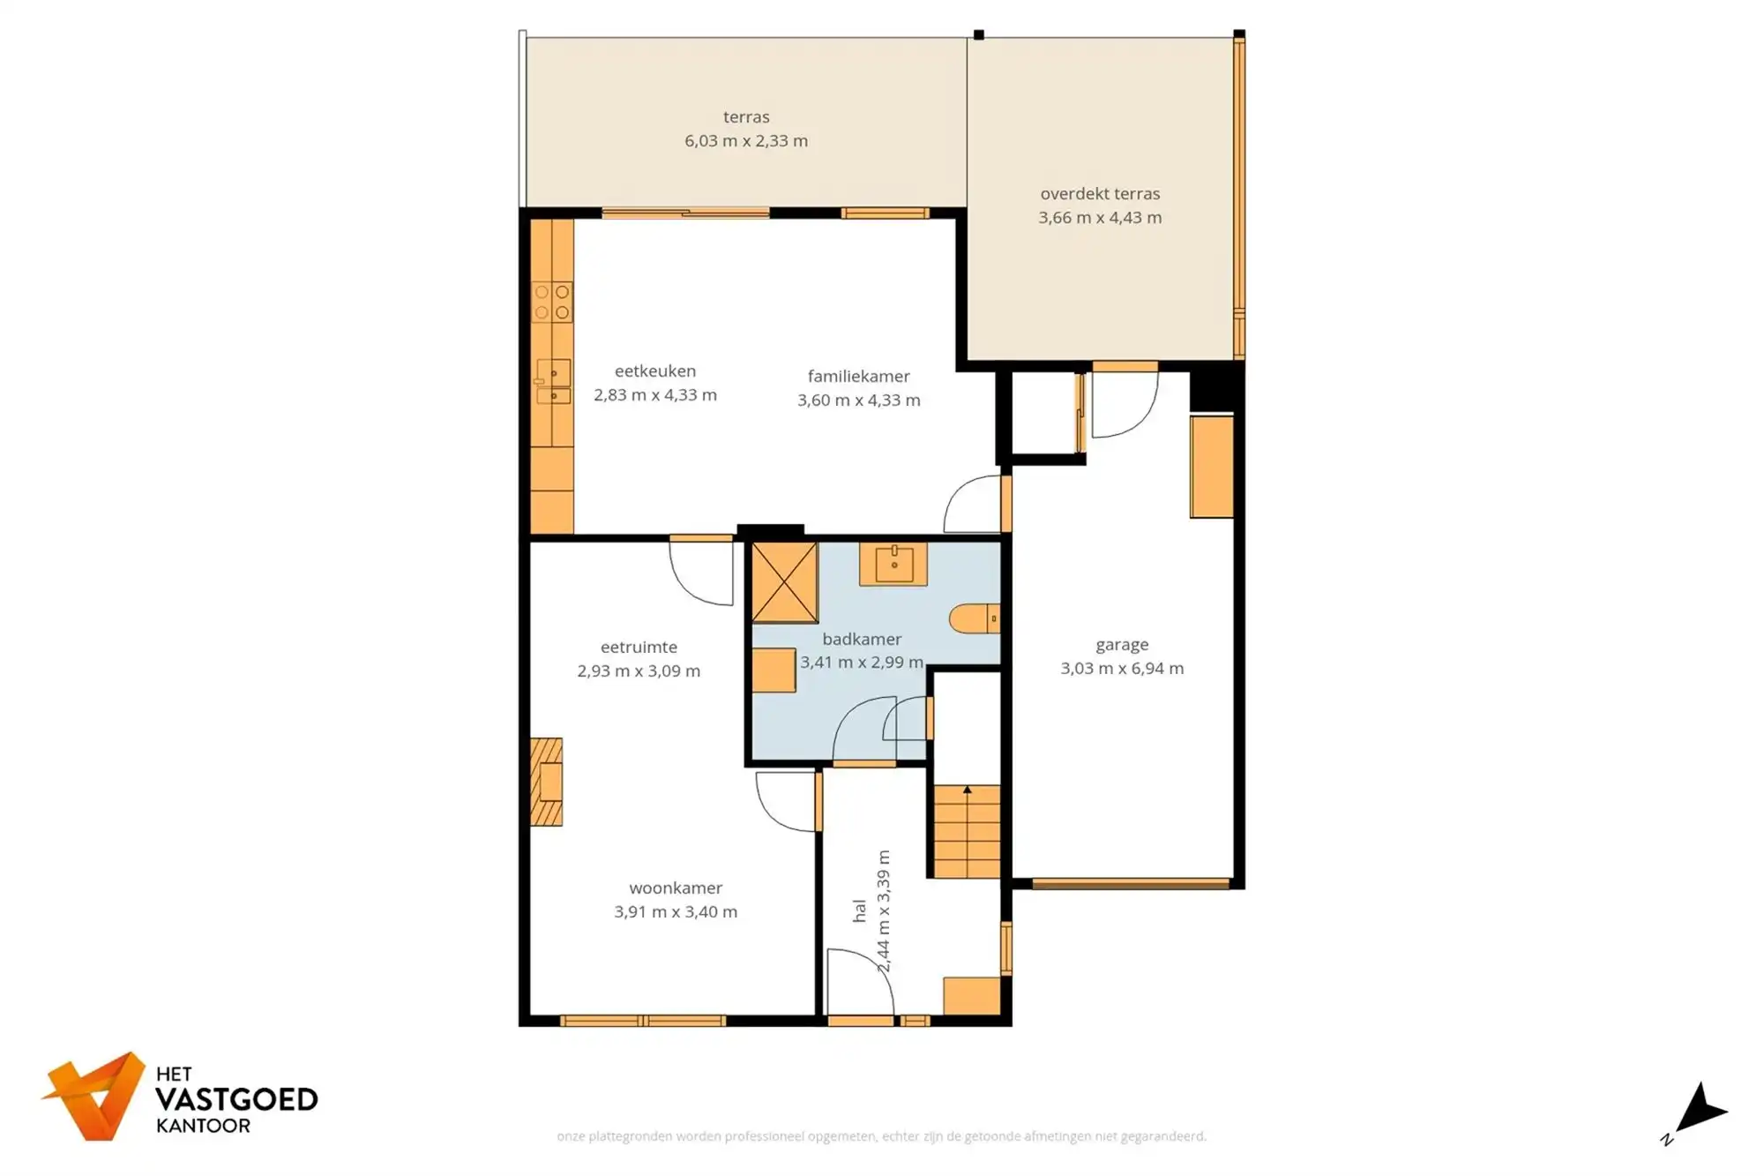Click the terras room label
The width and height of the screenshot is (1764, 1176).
coord(746,116)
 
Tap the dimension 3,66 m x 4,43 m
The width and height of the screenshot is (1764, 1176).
coord(1100,218)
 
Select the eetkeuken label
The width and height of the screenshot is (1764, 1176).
coord(655,371)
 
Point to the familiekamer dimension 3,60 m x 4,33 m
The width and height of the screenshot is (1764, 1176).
coord(859,401)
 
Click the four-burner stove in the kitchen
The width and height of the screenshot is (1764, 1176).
coord(552,302)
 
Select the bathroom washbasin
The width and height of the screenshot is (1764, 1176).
coord(893,564)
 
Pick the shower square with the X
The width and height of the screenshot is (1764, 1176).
coord(784,582)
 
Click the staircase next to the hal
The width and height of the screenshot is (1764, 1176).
coord(968,832)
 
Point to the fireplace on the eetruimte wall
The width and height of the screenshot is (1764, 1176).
coord(547,782)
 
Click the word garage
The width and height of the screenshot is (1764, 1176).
coord(1122,645)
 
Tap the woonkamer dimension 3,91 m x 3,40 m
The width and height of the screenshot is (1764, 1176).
coord(676,912)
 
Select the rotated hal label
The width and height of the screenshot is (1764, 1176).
coord(860,911)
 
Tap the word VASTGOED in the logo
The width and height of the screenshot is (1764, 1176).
coord(236,1100)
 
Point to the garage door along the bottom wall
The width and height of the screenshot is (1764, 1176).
coord(1131,883)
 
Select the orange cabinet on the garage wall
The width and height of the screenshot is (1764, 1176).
coord(1211,467)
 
